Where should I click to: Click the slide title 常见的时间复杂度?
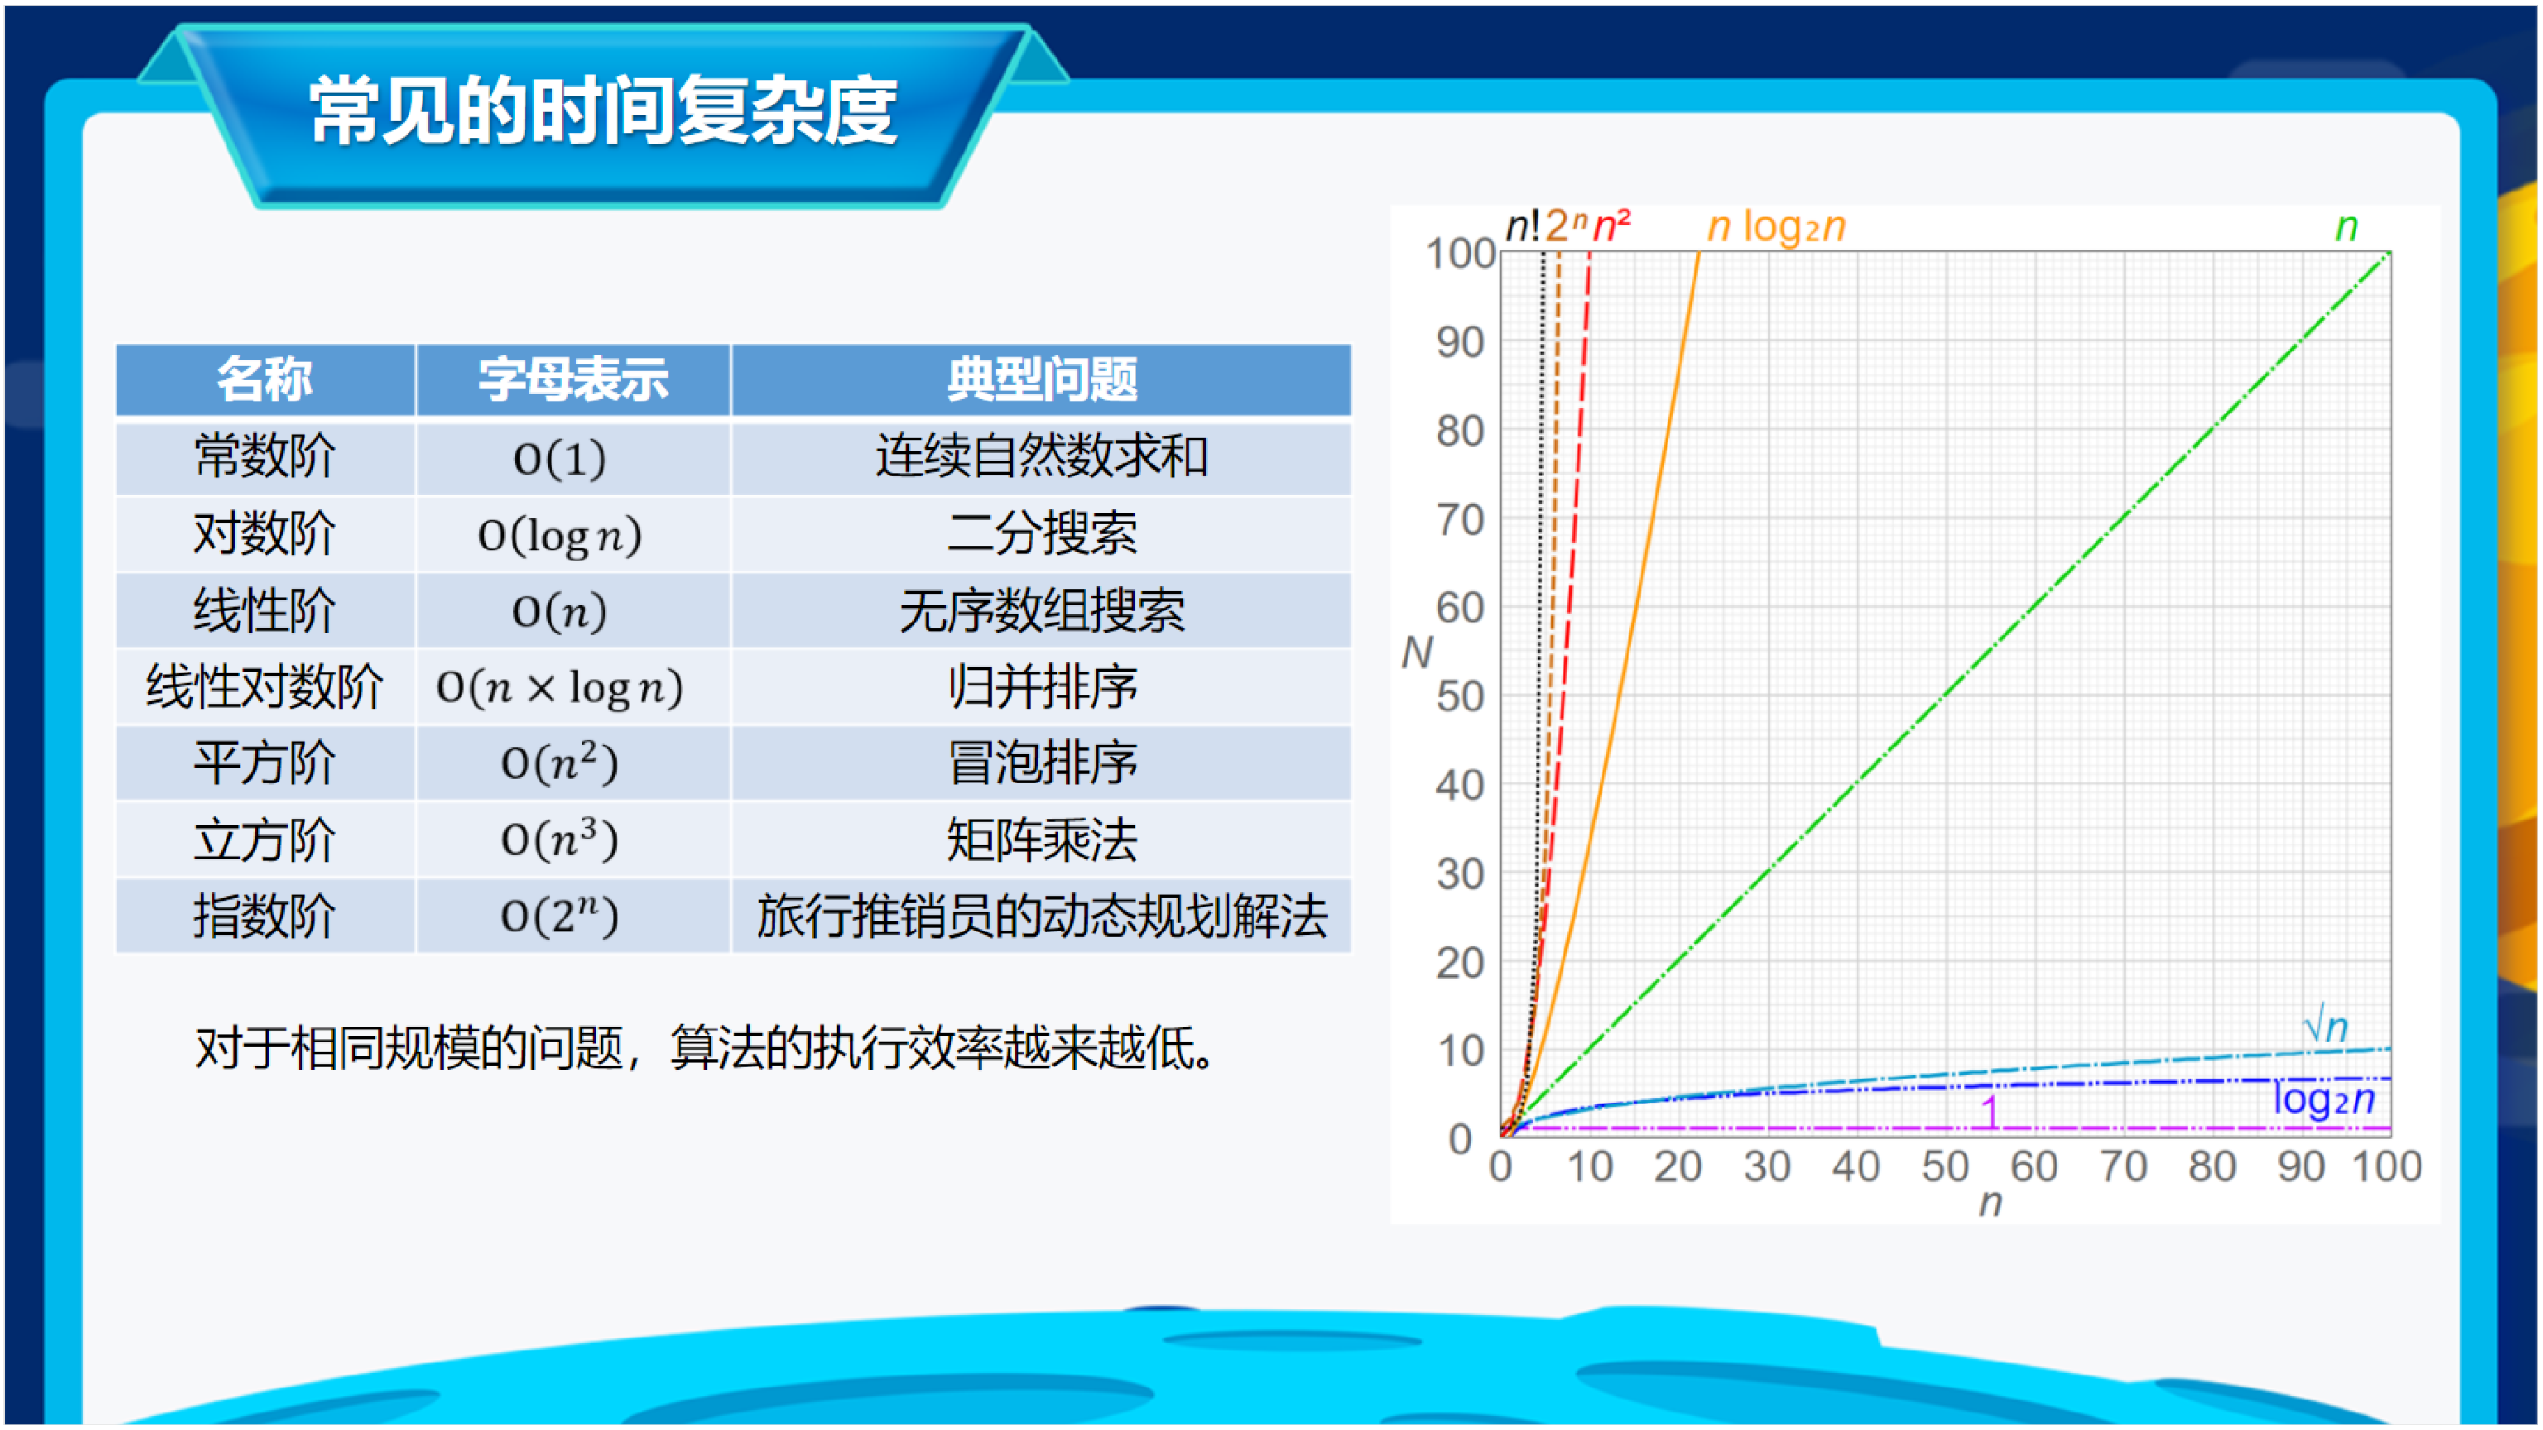tap(603, 111)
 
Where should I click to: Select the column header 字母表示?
tap(573, 379)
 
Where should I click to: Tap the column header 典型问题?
tap(1041, 379)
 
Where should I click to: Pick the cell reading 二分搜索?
tap(1041, 534)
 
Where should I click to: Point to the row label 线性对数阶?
tap(265, 687)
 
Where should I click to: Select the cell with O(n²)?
tap(560, 763)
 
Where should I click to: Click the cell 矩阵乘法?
tap(1041, 840)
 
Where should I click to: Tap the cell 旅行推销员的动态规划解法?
tap(1041, 916)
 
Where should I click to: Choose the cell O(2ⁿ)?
tap(560, 916)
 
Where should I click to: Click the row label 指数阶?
tap(265, 916)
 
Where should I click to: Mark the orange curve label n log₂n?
tap(1776, 227)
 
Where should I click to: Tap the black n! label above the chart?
tap(1523, 226)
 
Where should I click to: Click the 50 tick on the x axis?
tap(1945, 1167)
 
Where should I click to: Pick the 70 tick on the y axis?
tap(1460, 519)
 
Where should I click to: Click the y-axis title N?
tap(1416, 652)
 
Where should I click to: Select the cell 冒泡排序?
tap(1041, 763)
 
